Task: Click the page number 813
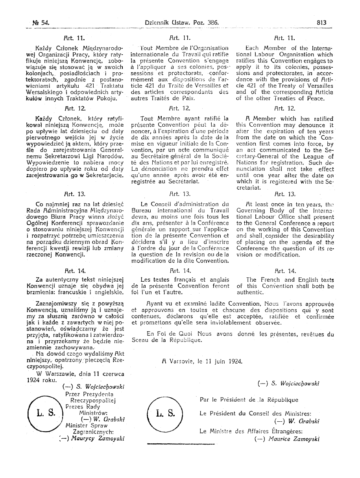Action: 321,23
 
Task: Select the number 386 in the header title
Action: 209,23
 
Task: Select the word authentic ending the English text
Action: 250,293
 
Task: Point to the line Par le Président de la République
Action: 249,400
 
